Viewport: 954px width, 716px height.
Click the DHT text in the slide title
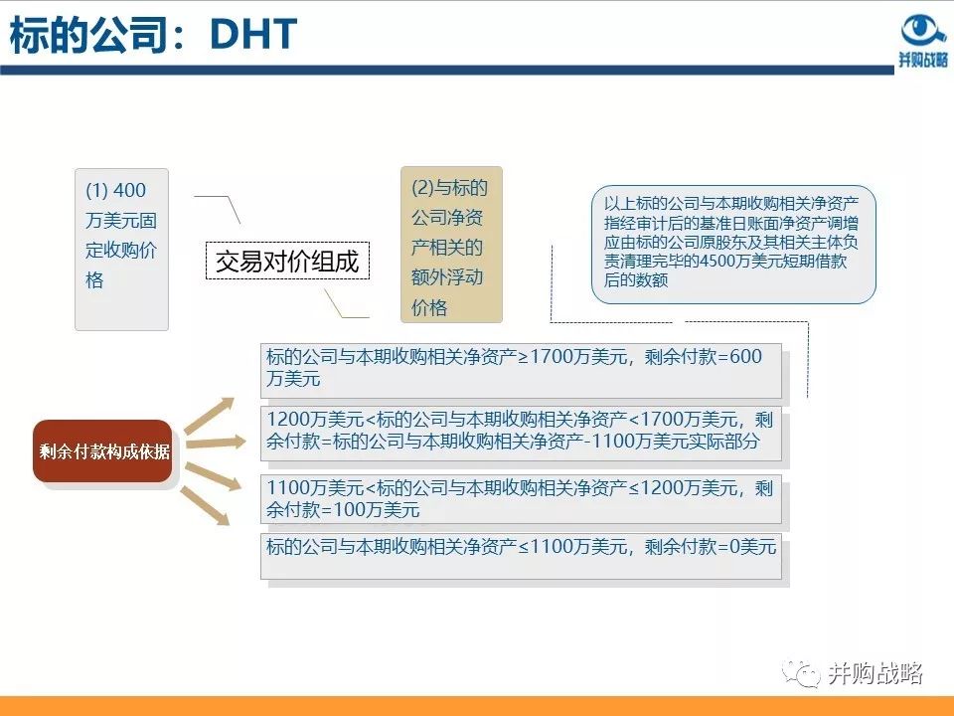pos(252,36)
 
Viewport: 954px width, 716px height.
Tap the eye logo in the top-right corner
pos(923,30)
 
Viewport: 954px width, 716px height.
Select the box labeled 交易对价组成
pos(286,262)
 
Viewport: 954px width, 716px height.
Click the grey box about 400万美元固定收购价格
pos(121,249)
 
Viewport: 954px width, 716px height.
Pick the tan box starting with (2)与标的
pos(451,245)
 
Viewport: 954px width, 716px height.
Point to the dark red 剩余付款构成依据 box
pos(103,451)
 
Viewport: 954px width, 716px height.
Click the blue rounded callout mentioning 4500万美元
pos(733,243)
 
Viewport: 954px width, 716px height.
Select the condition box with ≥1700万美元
pos(521,369)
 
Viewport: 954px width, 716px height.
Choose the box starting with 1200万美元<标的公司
pos(521,432)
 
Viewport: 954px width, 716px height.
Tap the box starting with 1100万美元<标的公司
pos(521,499)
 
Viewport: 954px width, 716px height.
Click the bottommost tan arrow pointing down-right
pos(211,506)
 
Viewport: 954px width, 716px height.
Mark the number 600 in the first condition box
pos(744,357)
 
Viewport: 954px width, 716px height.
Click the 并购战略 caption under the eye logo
pos(923,60)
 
